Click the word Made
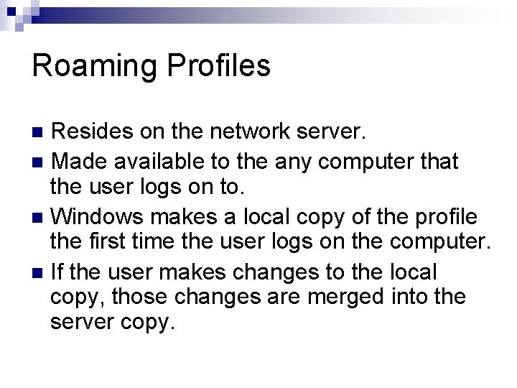(80, 161)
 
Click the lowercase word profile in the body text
(452, 216)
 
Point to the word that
(436, 161)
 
